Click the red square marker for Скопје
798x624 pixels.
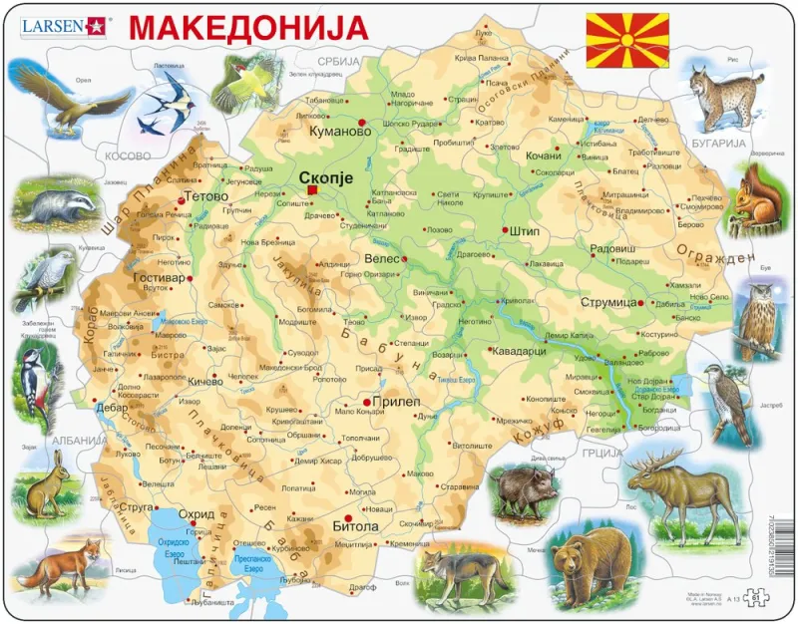(x=312, y=189)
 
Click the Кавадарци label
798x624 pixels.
(x=521, y=350)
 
